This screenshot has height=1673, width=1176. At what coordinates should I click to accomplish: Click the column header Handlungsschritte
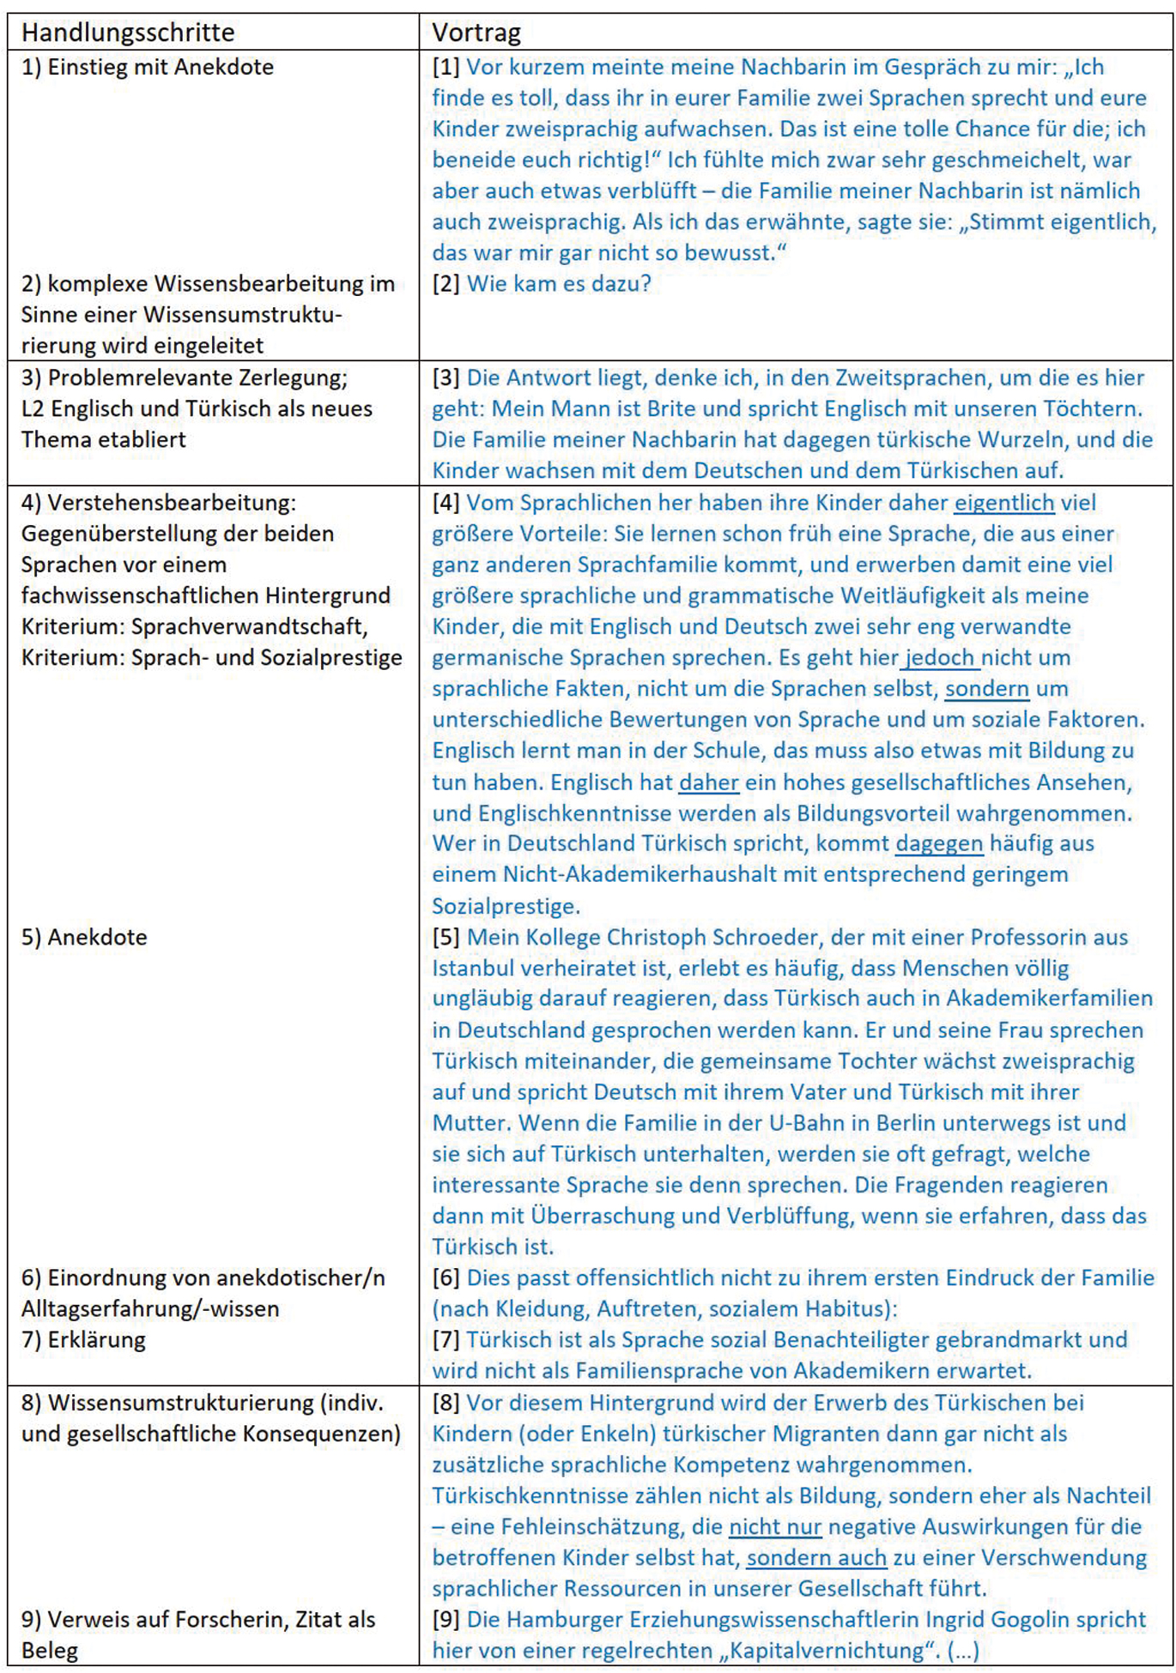tap(128, 33)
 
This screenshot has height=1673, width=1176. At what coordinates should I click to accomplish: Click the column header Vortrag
tap(476, 33)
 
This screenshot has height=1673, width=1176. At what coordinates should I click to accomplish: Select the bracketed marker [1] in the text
tap(446, 67)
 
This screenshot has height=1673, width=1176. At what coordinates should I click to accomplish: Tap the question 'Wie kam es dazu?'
tap(559, 283)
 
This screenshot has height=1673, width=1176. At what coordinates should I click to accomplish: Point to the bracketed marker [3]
tap(446, 377)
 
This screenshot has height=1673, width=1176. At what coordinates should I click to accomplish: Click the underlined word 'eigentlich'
tap(1003, 503)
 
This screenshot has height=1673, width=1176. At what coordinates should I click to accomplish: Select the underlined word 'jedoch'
tap(940, 657)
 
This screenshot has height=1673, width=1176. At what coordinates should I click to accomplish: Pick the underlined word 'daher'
tap(708, 782)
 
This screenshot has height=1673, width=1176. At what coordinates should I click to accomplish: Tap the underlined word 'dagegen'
tap(939, 843)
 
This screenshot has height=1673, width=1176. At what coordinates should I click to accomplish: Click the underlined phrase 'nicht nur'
tap(775, 1526)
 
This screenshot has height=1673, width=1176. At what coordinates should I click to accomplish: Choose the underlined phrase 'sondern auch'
tap(816, 1557)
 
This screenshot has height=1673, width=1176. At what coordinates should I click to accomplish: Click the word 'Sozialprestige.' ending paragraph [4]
tap(506, 906)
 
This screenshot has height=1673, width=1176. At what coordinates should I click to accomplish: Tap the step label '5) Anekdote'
tap(84, 937)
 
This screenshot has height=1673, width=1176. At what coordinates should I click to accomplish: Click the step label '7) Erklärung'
tap(83, 1339)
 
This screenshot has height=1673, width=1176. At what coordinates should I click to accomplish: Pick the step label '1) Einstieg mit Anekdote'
tap(148, 67)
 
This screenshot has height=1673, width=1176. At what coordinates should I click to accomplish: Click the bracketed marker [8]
tap(446, 1403)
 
